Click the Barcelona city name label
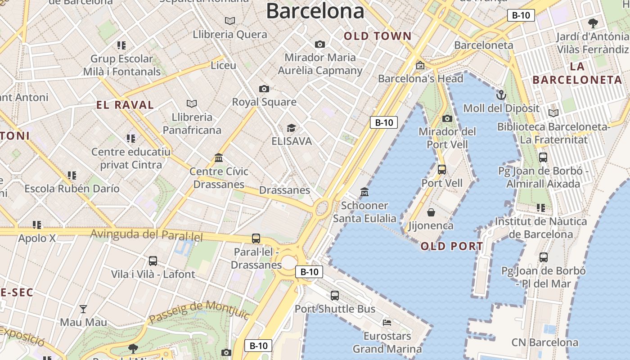[315, 11]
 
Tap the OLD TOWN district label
[378, 36]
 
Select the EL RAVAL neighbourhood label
[125, 105]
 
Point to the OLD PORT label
[452, 246]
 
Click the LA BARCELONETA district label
[577, 73]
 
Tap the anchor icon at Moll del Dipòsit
[501, 95]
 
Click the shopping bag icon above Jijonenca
[431, 212]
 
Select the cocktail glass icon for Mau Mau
[83, 309]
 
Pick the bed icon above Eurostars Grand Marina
[387, 322]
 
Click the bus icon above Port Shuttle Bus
[335, 295]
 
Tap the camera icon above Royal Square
[264, 89]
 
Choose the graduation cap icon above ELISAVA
[291, 128]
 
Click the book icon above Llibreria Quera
[230, 21]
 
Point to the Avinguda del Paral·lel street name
[147, 235]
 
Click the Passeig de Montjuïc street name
[199, 311]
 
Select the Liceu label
[224, 65]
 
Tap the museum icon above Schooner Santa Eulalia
[364, 192]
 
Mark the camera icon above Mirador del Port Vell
[447, 118]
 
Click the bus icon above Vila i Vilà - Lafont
[153, 261]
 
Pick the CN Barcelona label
[544, 342]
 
